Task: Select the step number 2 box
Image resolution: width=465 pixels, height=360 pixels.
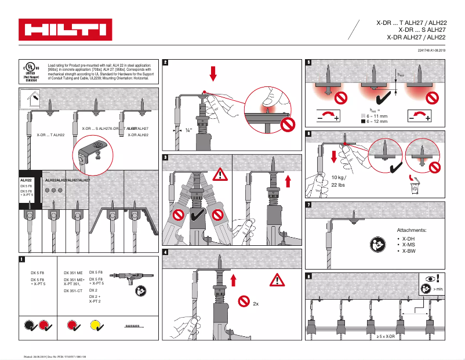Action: click(166, 63)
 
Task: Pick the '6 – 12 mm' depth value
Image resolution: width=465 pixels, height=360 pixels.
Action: click(376, 122)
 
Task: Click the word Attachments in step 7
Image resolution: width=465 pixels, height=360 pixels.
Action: click(411, 230)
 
